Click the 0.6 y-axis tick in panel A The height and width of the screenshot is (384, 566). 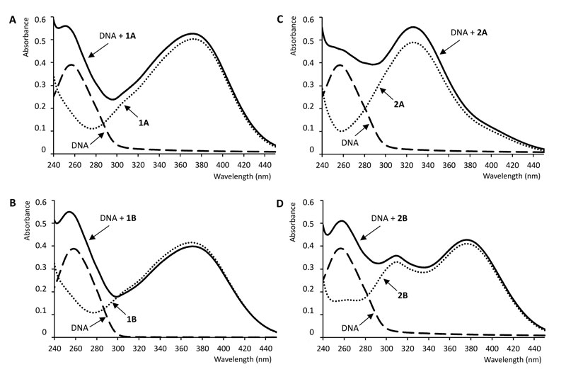point(44,18)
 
